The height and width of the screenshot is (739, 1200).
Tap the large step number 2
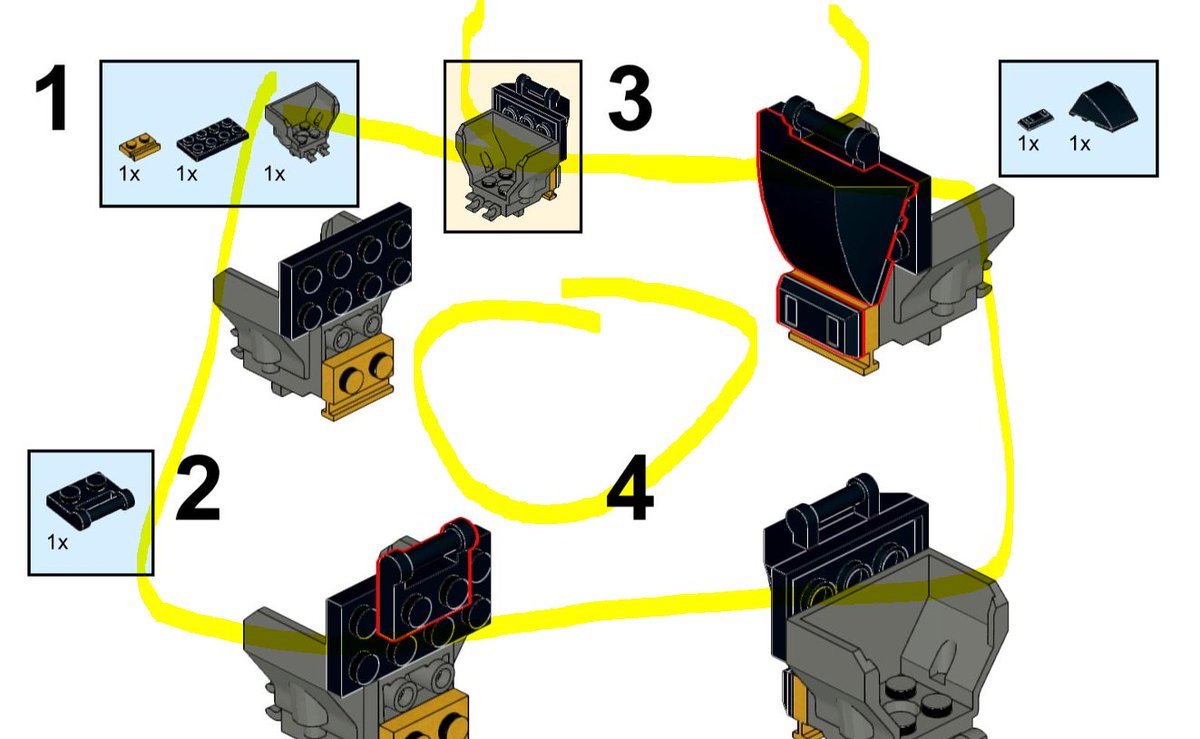tap(197, 490)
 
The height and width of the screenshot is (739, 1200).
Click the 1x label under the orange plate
tap(128, 174)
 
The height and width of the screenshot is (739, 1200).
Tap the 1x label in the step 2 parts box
tap(57, 543)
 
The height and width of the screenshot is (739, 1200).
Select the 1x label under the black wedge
tap(1080, 144)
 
